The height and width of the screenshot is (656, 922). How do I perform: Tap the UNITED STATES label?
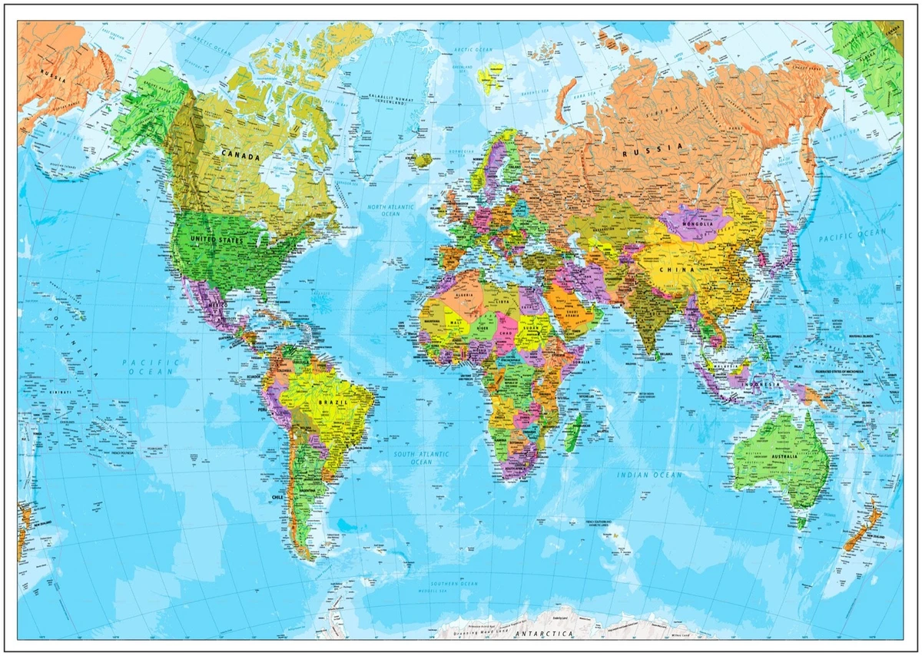(x=217, y=241)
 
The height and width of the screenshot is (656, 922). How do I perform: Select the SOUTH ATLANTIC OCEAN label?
(x=421, y=458)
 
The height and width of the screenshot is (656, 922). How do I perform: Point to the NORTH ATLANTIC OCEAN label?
(x=390, y=210)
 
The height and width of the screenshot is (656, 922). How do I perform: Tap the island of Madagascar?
(x=572, y=432)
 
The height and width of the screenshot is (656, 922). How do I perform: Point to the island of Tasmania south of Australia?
(x=801, y=522)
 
